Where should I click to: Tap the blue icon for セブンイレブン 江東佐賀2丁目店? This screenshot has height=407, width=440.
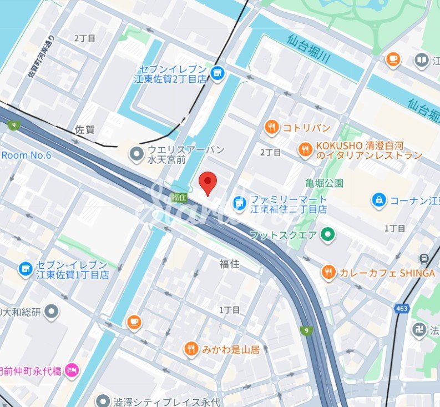pyautogui.click(x=218, y=72)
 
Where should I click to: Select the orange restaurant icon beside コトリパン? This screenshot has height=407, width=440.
pyautogui.click(x=271, y=128)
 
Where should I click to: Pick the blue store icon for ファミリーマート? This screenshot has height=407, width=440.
pyautogui.click(x=239, y=204)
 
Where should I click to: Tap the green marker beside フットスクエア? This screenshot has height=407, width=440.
pyautogui.click(x=328, y=235)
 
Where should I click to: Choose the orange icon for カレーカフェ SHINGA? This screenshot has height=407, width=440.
pyautogui.click(x=328, y=272)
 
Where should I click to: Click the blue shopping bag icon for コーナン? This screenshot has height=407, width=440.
pyautogui.click(x=379, y=200)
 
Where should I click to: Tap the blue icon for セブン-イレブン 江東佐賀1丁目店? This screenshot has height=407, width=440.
pyautogui.click(x=25, y=269)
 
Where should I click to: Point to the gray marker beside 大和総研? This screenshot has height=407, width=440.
pyautogui.click(x=52, y=312)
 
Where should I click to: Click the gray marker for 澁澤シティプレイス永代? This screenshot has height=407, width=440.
pyautogui.click(x=103, y=401)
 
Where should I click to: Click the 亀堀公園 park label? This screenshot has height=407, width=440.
pyautogui.click(x=324, y=183)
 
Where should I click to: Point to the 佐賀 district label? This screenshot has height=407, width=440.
pyautogui.click(x=84, y=130)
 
